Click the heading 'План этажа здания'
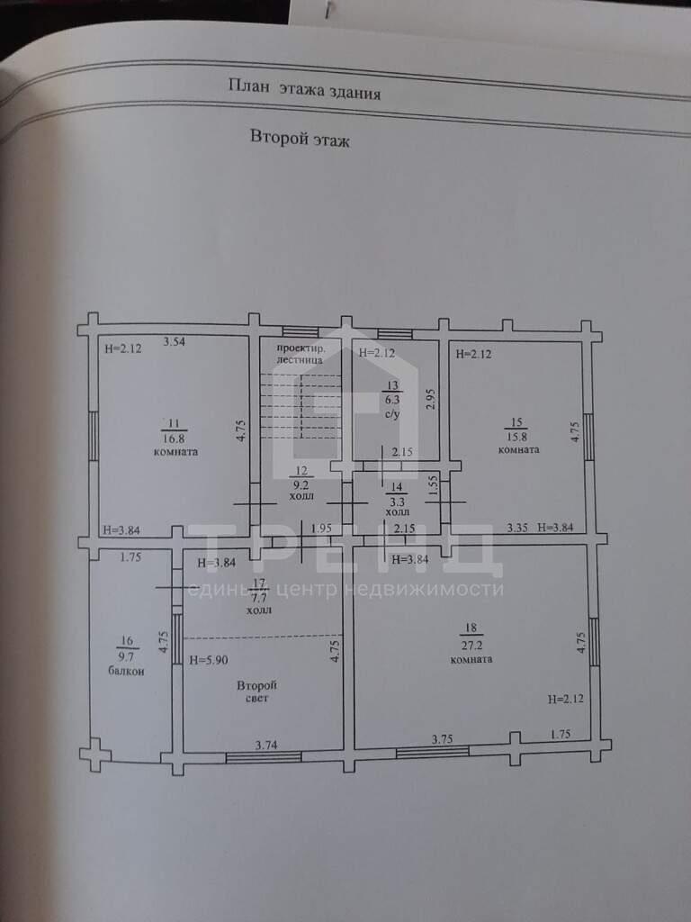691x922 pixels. (304, 89)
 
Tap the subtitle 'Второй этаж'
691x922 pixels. (300, 138)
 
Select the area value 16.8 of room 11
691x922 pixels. (175, 438)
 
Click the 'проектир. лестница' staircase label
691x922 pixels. (300, 353)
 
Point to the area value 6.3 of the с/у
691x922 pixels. (392, 400)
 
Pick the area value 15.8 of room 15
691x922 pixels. (517, 437)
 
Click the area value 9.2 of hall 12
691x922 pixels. (301, 485)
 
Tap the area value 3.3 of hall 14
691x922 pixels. (397, 502)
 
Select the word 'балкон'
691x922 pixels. (126, 670)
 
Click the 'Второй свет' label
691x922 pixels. (256, 691)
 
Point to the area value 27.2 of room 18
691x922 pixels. (471, 645)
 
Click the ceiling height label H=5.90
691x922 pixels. (209, 660)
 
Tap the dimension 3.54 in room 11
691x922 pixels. (174, 341)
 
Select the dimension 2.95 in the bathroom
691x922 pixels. (430, 399)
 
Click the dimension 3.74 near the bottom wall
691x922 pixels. (266, 745)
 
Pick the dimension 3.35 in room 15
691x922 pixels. (517, 528)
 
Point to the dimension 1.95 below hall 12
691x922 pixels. (321, 528)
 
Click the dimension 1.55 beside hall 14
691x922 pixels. (433, 485)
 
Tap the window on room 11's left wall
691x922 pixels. (94, 436)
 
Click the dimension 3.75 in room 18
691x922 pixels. (442, 739)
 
